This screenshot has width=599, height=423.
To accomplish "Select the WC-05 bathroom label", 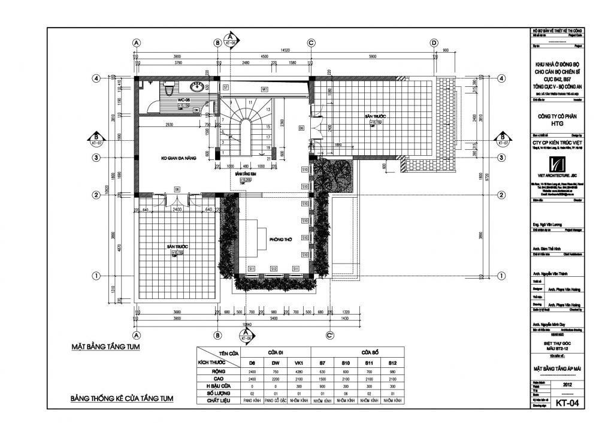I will point(183,99).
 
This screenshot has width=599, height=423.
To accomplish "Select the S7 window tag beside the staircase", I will point(226,87).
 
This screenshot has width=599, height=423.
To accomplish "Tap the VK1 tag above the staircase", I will point(264,89).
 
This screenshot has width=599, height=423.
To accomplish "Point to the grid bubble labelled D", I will point(434,43).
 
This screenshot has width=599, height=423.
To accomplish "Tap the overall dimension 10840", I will point(246,325).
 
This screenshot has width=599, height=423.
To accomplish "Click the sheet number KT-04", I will point(566,403).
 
